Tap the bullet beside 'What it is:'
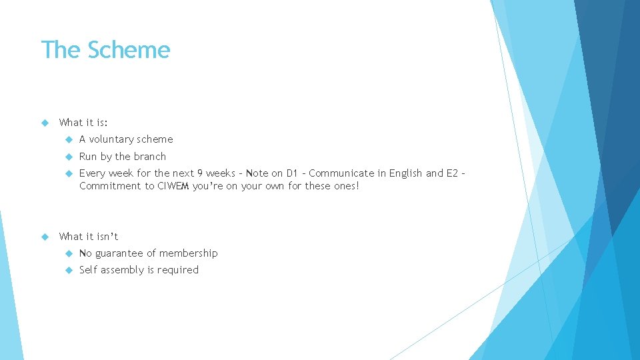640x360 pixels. [45, 123]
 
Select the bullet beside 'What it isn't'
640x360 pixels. [45, 236]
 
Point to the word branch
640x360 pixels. [150, 157]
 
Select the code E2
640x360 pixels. [451, 173]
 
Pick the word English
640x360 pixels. [406, 173]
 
